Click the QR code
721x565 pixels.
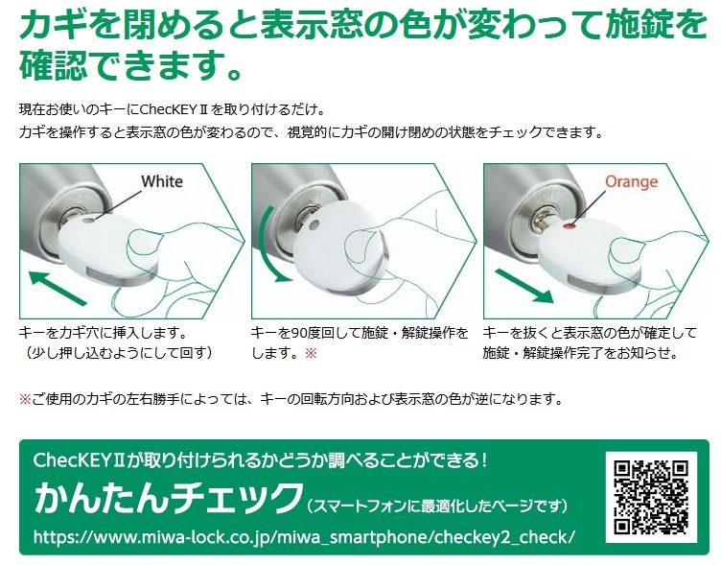click(651, 497)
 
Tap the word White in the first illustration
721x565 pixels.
click(162, 181)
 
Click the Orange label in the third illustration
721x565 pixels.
click(631, 181)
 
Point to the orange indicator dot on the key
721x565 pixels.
click(570, 226)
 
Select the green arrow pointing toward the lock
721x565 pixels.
click(58, 288)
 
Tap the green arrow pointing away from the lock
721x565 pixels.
click(524, 286)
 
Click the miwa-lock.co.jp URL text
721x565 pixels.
click(304, 536)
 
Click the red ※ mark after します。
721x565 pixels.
click(311, 353)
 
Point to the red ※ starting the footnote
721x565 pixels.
click(25, 399)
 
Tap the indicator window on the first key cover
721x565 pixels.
click(87, 221)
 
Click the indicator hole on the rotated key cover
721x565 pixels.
click(314, 225)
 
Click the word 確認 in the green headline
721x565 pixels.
click(54, 66)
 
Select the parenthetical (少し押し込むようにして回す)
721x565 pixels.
click(117, 353)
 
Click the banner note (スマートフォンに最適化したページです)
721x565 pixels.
click(437, 506)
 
